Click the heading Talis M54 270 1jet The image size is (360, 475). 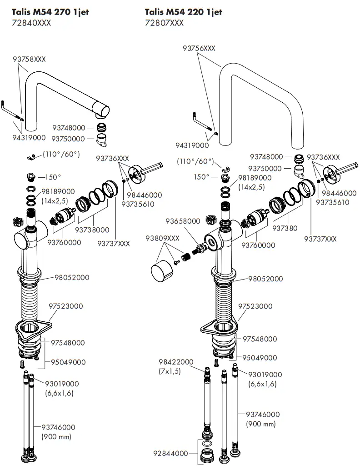pyautogui.click(x=50, y=12)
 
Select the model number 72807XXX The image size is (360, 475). pyautogui.click(x=164, y=23)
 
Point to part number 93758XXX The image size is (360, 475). pyautogui.click(x=29, y=59)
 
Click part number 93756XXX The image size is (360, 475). pyautogui.click(x=199, y=48)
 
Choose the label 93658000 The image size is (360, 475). pyautogui.click(x=183, y=221)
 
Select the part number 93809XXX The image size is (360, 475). pyautogui.click(x=162, y=238)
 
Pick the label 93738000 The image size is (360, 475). pyautogui.click(x=92, y=230)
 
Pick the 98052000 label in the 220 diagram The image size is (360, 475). pyautogui.click(x=265, y=279)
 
